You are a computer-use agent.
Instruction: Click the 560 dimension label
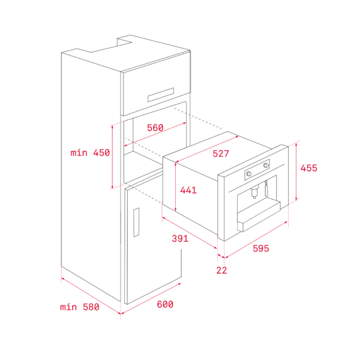click(155, 127)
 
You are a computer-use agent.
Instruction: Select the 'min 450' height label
click(90, 153)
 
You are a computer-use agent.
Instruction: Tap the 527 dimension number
click(221, 154)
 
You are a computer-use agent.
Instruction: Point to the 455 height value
click(308, 169)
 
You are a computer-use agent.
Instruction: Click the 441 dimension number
click(188, 190)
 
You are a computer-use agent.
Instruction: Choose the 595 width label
click(260, 248)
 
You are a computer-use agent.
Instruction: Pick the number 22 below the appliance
click(221, 271)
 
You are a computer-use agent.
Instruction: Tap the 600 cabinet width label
click(165, 305)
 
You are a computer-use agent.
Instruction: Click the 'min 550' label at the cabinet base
click(80, 307)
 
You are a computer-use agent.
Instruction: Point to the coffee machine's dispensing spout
click(254, 192)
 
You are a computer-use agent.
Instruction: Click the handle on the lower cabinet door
click(136, 222)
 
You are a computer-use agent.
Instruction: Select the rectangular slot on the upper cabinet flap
click(160, 95)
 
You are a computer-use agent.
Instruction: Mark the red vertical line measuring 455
click(297, 173)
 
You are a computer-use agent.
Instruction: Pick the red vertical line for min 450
click(112, 157)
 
